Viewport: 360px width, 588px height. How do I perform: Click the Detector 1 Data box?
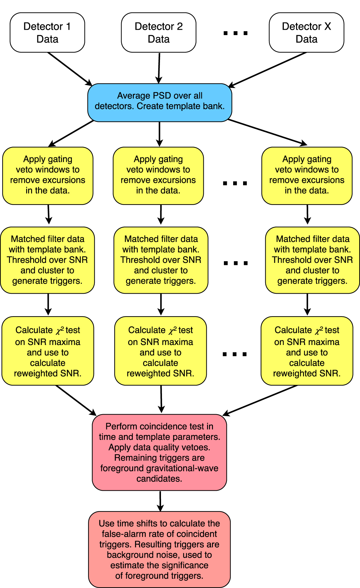click(47, 32)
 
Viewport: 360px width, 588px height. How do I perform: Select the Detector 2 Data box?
click(159, 32)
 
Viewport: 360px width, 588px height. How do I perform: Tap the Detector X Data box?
click(306, 32)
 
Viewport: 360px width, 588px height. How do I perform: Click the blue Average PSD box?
click(160, 102)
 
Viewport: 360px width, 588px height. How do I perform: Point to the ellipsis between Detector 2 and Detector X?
click(235, 33)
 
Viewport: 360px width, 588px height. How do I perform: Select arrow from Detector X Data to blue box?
click(268, 70)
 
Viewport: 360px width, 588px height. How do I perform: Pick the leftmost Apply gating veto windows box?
click(48, 175)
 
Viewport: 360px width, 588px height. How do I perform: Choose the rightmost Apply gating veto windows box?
click(307, 175)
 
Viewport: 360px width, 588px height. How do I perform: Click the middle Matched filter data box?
click(161, 260)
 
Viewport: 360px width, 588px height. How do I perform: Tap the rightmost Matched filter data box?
click(312, 260)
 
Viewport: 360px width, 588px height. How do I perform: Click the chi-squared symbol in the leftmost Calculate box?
click(60, 330)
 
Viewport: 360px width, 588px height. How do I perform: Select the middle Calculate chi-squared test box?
click(161, 351)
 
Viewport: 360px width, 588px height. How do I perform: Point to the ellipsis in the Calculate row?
click(235, 354)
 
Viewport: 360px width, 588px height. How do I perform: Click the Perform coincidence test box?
click(159, 452)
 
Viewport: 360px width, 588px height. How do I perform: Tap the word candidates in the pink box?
click(159, 479)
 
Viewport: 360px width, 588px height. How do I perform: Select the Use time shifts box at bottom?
click(159, 549)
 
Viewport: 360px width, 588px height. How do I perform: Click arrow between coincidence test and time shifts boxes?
click(160, 501)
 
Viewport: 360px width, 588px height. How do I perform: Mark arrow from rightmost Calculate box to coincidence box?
click(260, 400)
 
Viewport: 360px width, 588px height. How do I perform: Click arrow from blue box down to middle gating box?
click(160, 134)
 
